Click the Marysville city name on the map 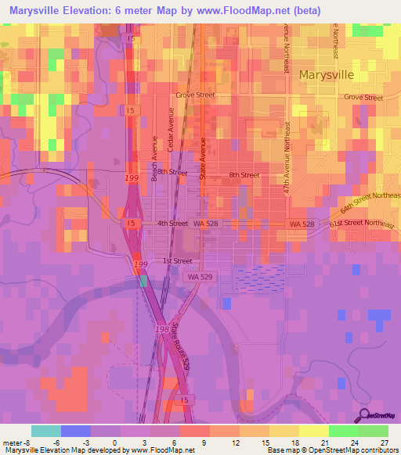tap(327, 75)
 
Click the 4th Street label tap(172, 224)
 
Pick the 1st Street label tap(177, 261)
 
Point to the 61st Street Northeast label tap(363, 224)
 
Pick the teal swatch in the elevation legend tap(46, 431)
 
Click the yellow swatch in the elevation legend tap(313, 431)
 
